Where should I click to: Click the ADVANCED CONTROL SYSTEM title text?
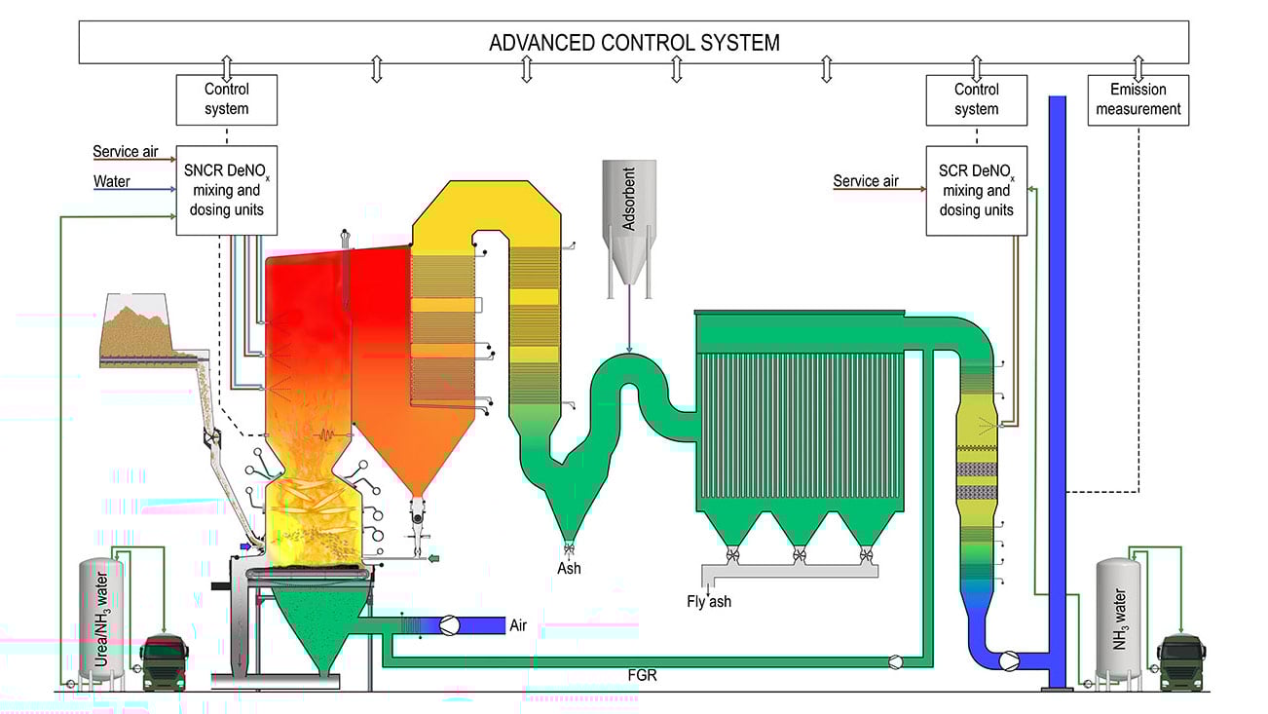[x=634, y=43]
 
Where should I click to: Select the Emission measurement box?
[x=1137, y=99]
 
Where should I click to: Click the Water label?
[x=111, y=181]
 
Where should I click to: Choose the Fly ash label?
[x=708, y=601]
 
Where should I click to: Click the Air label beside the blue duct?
[x=518, y=625]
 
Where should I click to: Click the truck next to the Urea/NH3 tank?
[x=164, y=661]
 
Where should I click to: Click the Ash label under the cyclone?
[x=569, y=568]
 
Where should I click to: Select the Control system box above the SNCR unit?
[x=226, y=99]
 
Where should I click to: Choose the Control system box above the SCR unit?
[x=976, y=99]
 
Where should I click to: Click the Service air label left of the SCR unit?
[x=866, y=181]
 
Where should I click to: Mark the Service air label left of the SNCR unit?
[x=125, y=152]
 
